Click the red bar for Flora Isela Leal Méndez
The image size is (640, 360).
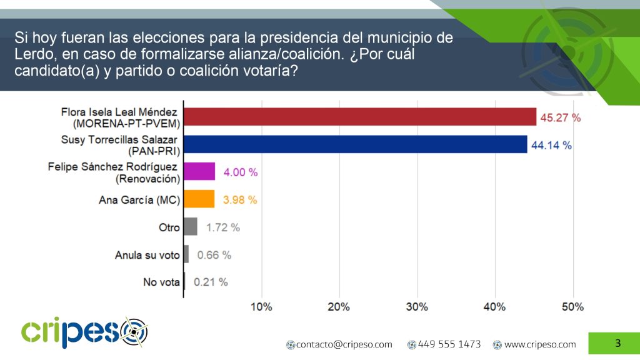[359, 116]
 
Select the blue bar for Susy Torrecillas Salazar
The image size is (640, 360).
[355, 144]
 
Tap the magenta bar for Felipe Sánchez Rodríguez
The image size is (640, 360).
[199, 172]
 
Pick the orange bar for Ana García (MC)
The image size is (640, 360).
[199, 199]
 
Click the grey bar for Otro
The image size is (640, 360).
[191, 227]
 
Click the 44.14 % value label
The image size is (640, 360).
[551, 145]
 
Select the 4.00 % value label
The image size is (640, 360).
[240, 172]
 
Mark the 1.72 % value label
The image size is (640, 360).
[222, 227]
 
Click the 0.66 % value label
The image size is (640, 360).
[214, 255]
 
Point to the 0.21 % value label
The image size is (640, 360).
[211, 282]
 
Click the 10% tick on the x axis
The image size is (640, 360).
[261, 307]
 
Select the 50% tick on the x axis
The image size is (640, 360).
[572, 307]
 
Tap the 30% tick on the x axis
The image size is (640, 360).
[417, 307]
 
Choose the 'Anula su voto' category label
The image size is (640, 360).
[147, 255]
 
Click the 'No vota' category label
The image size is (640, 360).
[161, 282]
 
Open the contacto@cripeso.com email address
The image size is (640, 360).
[344, 344]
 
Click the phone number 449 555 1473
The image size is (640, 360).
[449, 344]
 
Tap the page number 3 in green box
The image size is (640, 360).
[617, 343]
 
